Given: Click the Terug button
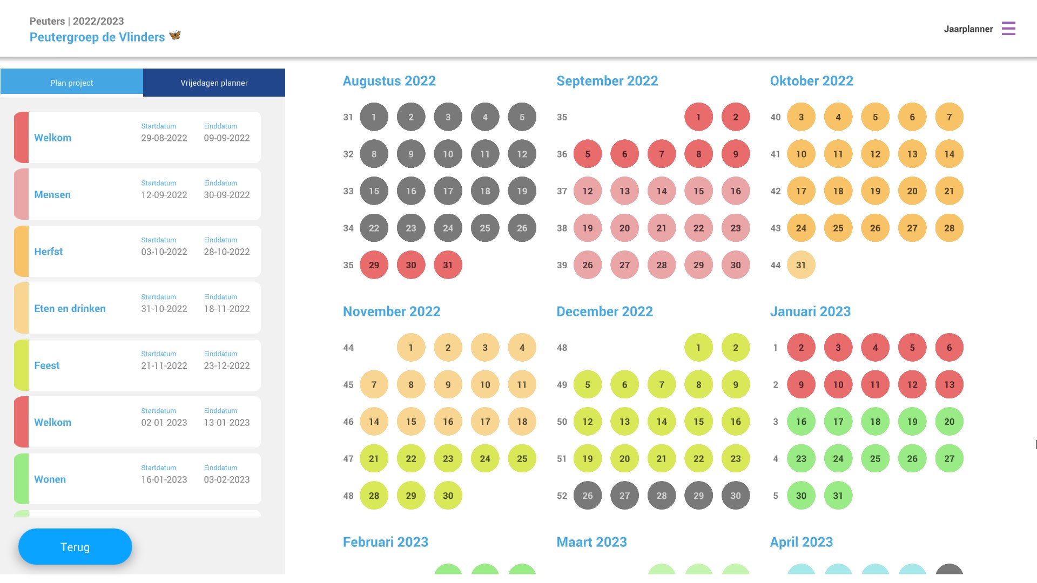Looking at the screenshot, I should tap(75, 547).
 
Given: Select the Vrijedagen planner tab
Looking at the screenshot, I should tap(214, 83).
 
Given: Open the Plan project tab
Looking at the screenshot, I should tap(72, 83).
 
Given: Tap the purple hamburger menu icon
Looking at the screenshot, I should tap(1008, 29).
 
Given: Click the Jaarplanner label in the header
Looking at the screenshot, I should tap(968, 29).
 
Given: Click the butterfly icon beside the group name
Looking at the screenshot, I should tap(174, 36).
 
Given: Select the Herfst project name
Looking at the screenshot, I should tap(49, 252).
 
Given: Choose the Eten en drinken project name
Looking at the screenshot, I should tap(70, 309).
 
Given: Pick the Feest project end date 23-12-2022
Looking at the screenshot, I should tap(227, 365).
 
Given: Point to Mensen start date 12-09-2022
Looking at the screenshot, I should tap(164, 195).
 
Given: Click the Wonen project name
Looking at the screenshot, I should tap(50, 479).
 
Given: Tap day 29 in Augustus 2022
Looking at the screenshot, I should tap(374, 265).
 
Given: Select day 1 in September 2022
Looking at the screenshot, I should tap(698, 117).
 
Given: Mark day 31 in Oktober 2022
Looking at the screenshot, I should tap(801, 265).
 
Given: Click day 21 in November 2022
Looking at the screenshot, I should tap(374, 459).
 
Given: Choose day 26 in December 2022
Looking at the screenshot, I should tap(588, 496).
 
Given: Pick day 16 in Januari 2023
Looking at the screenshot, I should tap(801, 422).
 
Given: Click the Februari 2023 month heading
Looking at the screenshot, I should tap(386, 542).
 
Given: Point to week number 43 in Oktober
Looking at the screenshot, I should tap(776, 228).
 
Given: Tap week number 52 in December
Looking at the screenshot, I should tap(562, 496).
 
